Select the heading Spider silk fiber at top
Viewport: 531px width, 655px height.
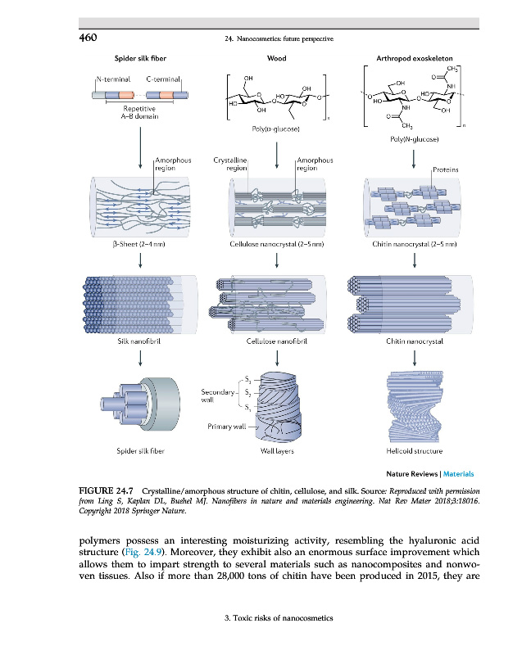coord(139,59)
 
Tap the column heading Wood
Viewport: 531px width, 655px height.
coord(276,59)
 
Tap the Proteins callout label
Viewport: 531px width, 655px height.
coord(444,170)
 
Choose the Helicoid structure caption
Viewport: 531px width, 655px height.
coord(414,449)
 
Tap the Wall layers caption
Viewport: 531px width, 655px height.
coord(277,449)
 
